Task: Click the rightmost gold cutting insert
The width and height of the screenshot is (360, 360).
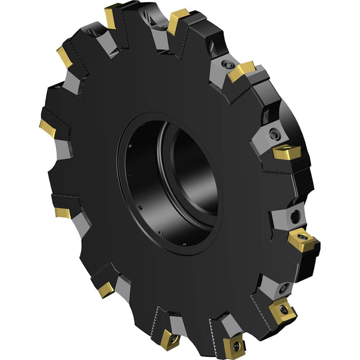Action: coord(303,239)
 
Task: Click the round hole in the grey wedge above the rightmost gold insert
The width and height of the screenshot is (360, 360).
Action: coord(294,216)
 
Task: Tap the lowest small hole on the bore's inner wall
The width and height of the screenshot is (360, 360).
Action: coord(185,245)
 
